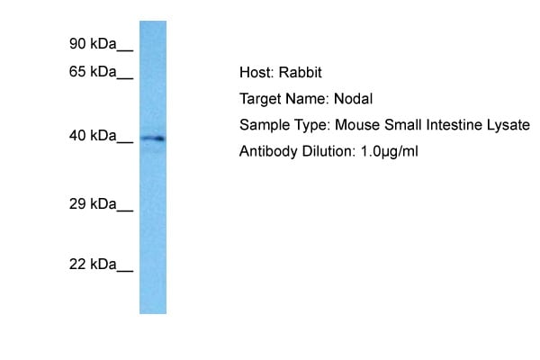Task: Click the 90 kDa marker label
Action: point(93,44)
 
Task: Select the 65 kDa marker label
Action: point(93,72)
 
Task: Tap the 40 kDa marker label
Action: point(93,135)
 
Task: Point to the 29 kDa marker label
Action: point(93,204)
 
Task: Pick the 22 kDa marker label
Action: point(93,265)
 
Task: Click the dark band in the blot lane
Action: point(153,139)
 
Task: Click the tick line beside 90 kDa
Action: point(125,51)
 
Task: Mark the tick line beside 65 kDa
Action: point(125,79)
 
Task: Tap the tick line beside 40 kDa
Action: point(125,142)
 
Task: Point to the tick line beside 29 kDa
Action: point(125,211)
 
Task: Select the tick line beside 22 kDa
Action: point(125,272)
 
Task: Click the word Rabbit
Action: point(300,72)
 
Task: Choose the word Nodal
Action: point(354,99)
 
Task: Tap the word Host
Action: point(256,72)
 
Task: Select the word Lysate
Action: point(508,125)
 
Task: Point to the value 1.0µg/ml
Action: point(389,152)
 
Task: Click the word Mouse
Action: point(357,125)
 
